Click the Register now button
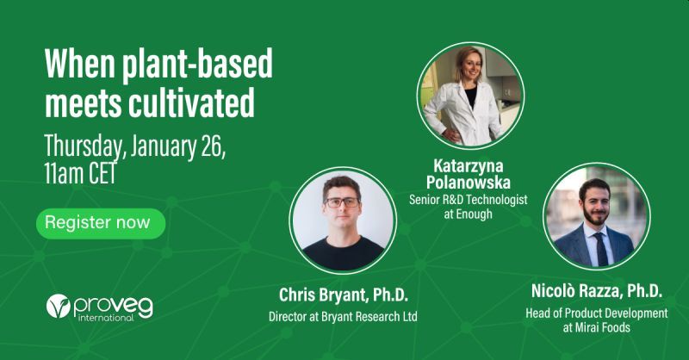(x=101, y=223)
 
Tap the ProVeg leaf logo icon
(x=59, y=306)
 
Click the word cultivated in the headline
(x=191, y=102)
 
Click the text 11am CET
(x=80, y=173)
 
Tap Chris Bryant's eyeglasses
(x=342, y=202)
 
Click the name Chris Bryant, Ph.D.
(x=344, y=295)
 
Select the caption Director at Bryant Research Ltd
(x=343, y=317)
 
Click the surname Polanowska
(x=469, y=183)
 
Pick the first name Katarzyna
(x=469, y=166)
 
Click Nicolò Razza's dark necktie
(x=601, y=249)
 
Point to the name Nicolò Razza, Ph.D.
(x=597, y=291)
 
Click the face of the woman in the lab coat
(x=471, y=67)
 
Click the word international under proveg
(x=106, y=317)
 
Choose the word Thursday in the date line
(x=83, y=147)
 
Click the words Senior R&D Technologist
(x=469, y=200)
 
